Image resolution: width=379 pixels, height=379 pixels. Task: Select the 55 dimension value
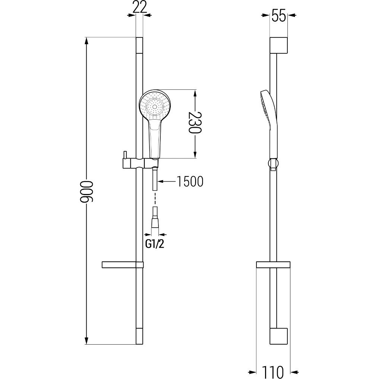coord(279,16)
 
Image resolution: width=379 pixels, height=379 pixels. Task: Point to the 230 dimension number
coord(195,123)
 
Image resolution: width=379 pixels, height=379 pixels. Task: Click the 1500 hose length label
coord(190,181)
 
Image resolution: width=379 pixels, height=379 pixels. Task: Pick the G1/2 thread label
coord(155,244)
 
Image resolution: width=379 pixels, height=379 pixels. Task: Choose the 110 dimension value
coord(273,372)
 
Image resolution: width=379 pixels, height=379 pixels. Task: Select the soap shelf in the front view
coord(123,265)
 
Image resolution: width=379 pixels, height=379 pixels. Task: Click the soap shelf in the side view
coord(273,265)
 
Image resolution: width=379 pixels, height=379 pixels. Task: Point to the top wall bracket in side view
coord(278,45)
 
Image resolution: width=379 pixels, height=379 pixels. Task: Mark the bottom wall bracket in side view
coord(278,336)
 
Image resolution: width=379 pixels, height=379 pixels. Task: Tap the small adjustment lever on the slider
coord(124,155)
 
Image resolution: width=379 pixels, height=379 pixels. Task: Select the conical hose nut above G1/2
coord(155,223)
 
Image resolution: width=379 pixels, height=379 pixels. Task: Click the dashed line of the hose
coord(155,198)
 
